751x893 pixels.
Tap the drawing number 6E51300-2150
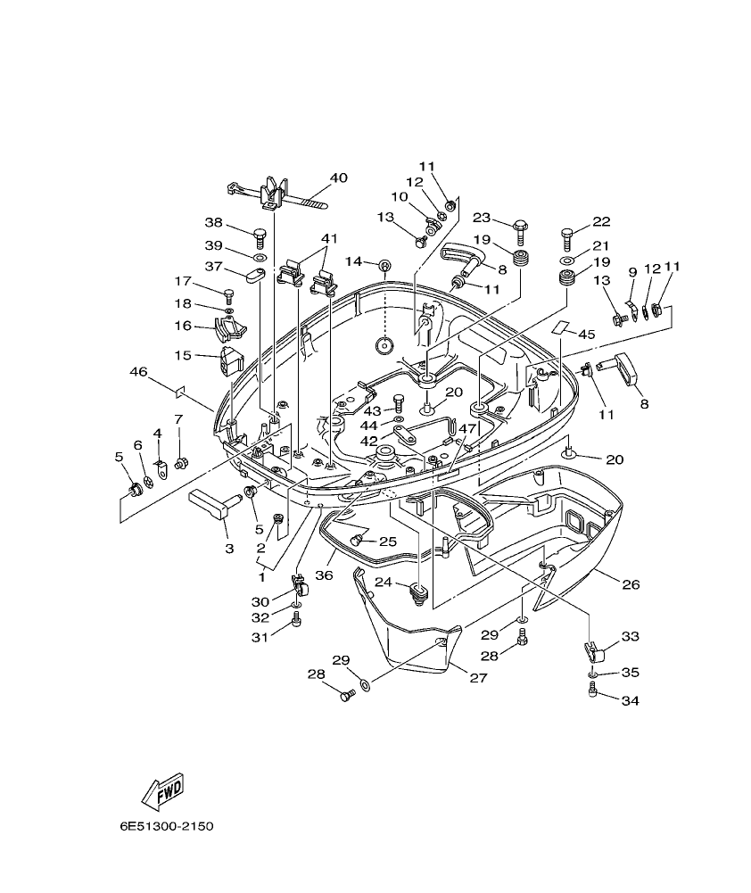tap(167, 826)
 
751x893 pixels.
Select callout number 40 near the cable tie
tap(338, 178)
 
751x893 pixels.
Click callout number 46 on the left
tap(138, 371)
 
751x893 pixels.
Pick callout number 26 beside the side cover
tap(631, 585)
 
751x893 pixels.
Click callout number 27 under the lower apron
tap(478, 678)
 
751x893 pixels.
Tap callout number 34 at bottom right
tap(630, 700)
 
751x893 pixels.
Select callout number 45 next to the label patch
tap(586, 334)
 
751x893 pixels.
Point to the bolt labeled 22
tap(568, 236)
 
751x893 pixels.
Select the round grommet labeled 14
tap(384, 265)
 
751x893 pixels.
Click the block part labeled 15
tap(231, 361)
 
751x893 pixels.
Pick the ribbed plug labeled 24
tap(417, 591)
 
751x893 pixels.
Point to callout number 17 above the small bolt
tap(183, 280)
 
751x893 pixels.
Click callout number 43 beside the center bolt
tap(371, 409)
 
